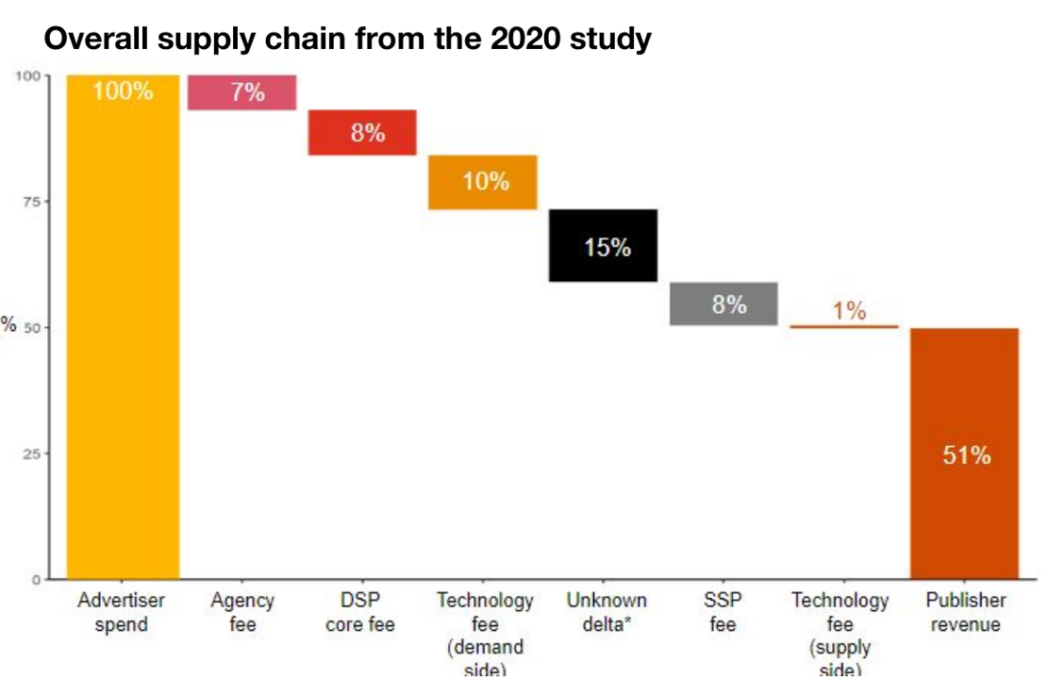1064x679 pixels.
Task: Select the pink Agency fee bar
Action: pyautogui.click(x=242, y=92)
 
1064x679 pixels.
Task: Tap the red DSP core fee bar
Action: pyautogui.click(x=362, y=133)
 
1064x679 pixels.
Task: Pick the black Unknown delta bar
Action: pyautogui.click(x=603, y=245)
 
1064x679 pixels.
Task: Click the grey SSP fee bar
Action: pyautogui.click(x=723, y=304)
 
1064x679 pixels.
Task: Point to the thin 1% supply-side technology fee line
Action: pyautogui.click(x=843, y=326)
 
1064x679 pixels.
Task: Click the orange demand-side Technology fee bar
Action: pyautogui.click(x=483, y=182)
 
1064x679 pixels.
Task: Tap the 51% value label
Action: pyautogui.click(x=966, y=455)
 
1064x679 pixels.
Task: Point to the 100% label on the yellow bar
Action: pyautogui.click(x=123, y=91)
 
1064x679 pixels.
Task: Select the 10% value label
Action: pyautogui.click(x=486, y=181)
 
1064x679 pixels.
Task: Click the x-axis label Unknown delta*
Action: pyautogui.click(x=607, y=612)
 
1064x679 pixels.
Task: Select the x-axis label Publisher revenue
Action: pyautogui.click(x=965, y=612)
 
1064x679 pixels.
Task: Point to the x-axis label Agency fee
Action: pyautogui.click(x=242, y=612)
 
